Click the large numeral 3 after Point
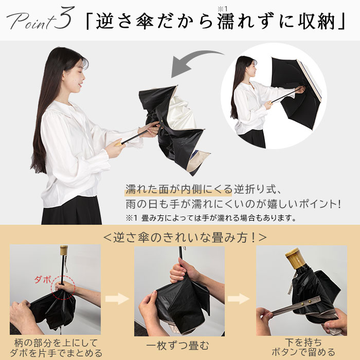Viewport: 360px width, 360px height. tap(65, 18)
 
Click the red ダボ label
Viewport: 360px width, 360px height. tap(43, 280)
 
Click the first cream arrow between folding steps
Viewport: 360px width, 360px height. tap(117, 298)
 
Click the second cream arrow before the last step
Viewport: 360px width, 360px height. tap(239, 298)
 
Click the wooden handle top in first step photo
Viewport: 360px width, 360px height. tap(64, 250)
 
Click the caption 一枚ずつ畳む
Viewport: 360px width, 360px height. tap(177, 346)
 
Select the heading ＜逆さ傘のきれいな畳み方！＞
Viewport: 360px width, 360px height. tap(185, 238)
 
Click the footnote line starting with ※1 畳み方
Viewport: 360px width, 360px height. tap(211, 218)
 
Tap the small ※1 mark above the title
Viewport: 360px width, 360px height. tap(222, 9)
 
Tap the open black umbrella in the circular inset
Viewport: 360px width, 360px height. tap(296, 92)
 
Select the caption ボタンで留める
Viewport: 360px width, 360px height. tap(303, 352)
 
